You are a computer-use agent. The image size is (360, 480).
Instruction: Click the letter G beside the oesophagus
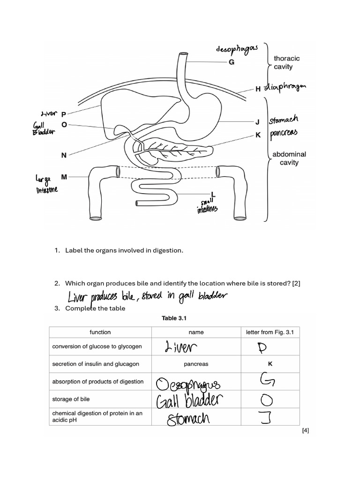231,62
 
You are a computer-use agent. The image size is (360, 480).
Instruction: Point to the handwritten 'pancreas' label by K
283,135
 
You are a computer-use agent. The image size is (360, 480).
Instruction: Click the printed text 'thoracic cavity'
286,62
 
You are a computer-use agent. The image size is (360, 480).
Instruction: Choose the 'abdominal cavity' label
289,158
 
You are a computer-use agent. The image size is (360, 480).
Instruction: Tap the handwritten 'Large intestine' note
46,184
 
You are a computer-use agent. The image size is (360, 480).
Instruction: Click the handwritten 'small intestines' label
207,206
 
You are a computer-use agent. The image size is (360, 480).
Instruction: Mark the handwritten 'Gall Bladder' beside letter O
43,128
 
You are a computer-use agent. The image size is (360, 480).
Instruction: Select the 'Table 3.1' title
174,318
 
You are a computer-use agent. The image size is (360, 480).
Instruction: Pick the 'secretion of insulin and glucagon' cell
96,364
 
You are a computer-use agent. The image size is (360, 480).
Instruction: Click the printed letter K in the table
270,364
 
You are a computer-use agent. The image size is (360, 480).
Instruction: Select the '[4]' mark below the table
305,430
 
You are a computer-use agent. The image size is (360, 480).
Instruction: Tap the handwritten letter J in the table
265,416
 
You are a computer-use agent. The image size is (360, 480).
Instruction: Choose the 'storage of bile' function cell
71,399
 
